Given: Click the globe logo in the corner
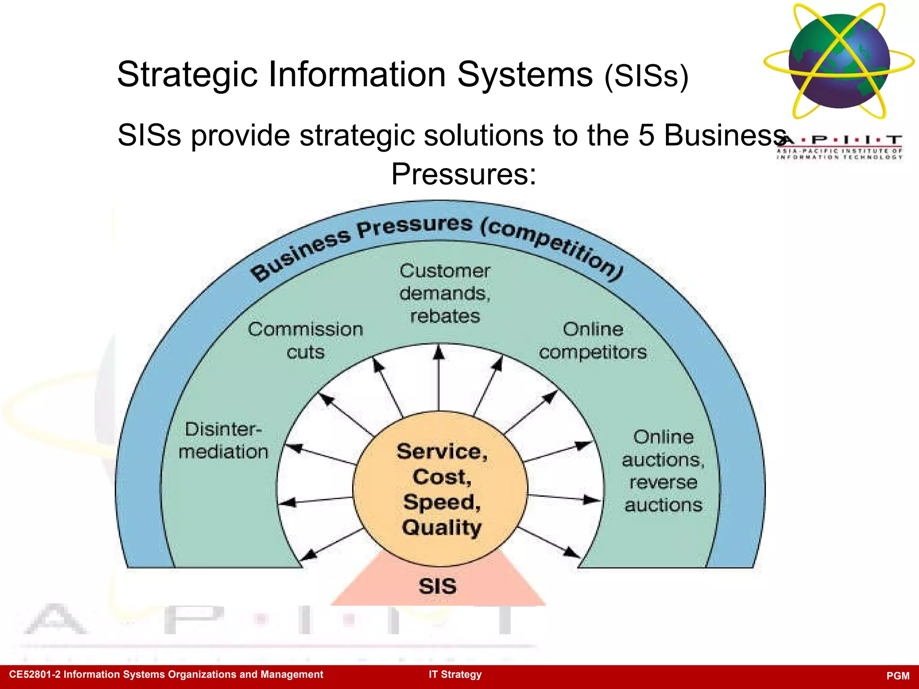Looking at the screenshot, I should coord(839,61).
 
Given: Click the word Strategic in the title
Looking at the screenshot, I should coord(187,74).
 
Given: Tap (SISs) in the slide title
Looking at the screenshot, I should coord(646,76).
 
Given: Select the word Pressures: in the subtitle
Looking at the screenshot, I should coord(464,174).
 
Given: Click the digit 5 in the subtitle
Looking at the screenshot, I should coord(646,135).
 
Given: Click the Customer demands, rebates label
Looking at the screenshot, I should coord(445,293).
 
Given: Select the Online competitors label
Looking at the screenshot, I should coord(593,341).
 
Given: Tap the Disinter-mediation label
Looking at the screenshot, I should coord(223,440).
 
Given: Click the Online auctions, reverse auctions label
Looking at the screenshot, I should coord(663,471).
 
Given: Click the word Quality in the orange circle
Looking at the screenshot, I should coord(442,528).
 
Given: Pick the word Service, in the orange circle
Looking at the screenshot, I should coord(442,451).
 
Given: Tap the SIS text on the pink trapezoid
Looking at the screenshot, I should coord(438,586).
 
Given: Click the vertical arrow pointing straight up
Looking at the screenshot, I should coord(439,377).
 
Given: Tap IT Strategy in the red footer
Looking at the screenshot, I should coord(455,675).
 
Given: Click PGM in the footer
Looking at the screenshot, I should coord(898,676).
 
